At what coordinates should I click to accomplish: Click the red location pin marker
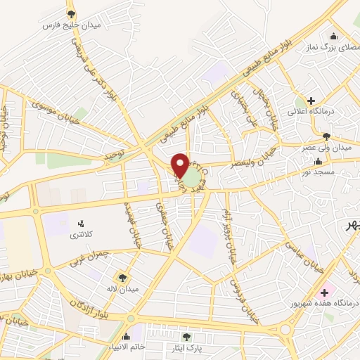pos(181,165)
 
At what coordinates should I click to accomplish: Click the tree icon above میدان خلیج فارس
pos(71,13)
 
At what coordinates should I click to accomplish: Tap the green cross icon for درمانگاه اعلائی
pos(310,100)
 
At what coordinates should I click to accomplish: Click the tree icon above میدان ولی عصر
pos(326,136)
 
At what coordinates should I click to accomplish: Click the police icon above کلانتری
pos(79,224)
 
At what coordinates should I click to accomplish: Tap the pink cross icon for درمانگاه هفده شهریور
pos(324,292)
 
